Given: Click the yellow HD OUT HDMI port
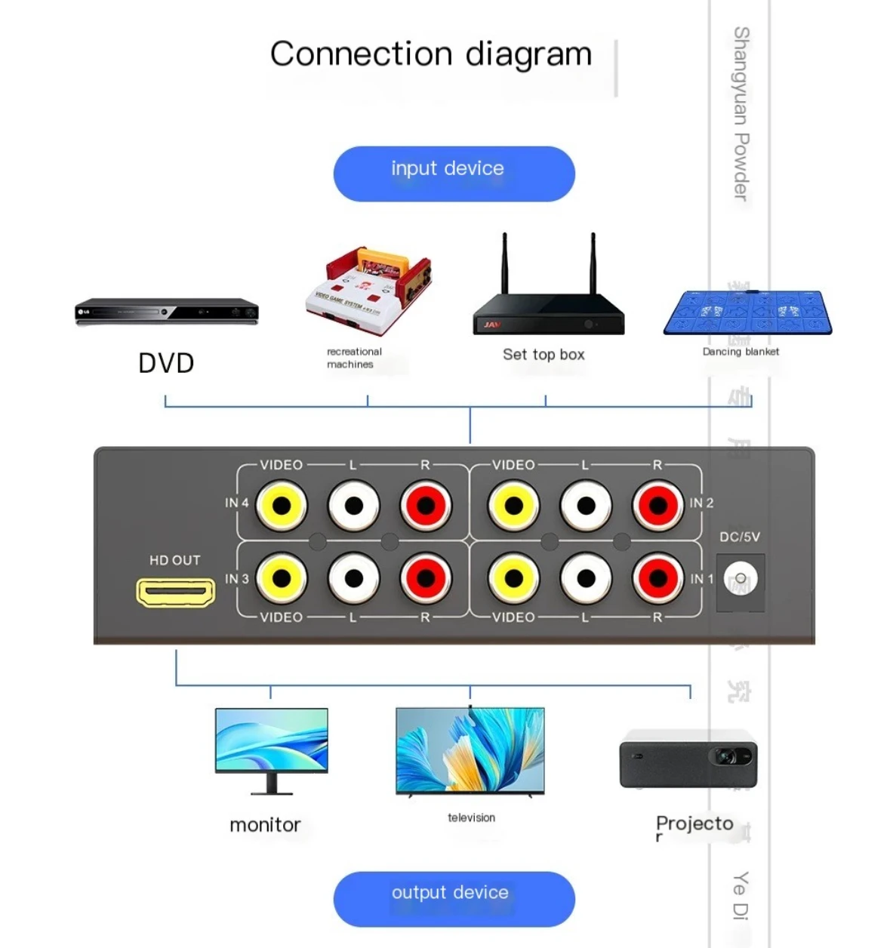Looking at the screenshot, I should coord(176,592).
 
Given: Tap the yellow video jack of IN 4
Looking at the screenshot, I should coord(282,506).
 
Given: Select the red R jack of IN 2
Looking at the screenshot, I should coord(657,506).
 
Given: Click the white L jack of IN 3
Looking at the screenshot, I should coord(353,579).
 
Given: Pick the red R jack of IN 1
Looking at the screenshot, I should coord(657,579).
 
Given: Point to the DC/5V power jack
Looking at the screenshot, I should coord(741,580).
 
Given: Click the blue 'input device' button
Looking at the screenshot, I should coord(454,174).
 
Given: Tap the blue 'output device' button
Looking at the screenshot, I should coord(454,898).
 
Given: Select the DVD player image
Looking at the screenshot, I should coord(167,312).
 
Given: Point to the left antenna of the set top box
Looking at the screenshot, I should coord(504,264).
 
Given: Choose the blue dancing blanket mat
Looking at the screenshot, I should coord(747,312).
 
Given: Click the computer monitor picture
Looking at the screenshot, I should coord(271,747).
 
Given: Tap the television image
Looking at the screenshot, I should coord(470,750).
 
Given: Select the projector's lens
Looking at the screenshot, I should coord(726,756).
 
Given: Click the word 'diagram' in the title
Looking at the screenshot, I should coord(528,55).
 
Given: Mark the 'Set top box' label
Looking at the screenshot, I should coord(544,355).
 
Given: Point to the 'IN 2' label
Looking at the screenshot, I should coord(701,503).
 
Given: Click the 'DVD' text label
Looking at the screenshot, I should coord(166,363).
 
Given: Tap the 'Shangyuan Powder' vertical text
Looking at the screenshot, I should coord(741,113).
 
